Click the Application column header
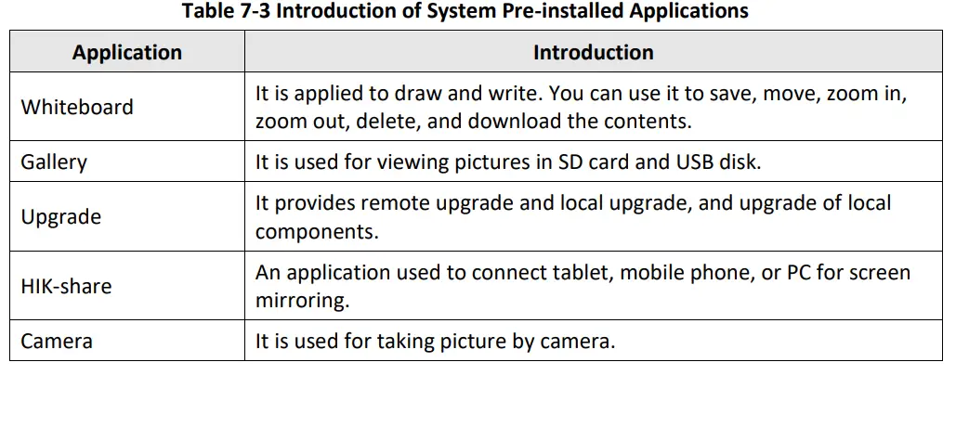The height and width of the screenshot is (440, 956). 127,53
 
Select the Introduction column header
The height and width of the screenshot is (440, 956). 593,53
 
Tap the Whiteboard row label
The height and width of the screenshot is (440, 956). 77,107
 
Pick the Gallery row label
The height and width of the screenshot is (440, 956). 54,162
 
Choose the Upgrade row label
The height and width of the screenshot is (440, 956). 61,217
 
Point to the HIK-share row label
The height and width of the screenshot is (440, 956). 66,287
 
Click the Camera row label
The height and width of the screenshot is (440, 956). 57,341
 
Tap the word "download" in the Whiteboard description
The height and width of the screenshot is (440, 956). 510,121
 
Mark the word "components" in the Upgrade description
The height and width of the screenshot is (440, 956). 316,232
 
